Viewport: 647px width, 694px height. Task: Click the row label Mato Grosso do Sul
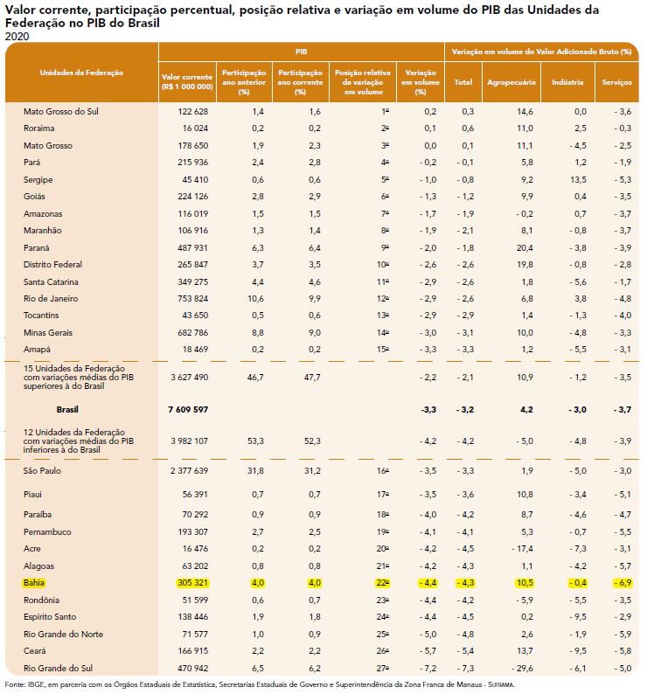pos(59,112)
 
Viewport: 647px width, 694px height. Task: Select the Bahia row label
pos(36,582)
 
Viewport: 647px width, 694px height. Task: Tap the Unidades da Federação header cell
pos(82,72)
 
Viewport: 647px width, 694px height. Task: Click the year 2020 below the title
pos(17,36)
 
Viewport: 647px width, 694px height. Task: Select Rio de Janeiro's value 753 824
pos(188,299)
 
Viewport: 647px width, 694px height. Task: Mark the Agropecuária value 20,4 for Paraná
pos(525,248)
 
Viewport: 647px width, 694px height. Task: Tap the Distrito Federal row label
pos(52,265)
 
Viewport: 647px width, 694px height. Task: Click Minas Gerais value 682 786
pos(188,333)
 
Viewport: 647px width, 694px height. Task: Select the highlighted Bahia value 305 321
pos(188,582)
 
